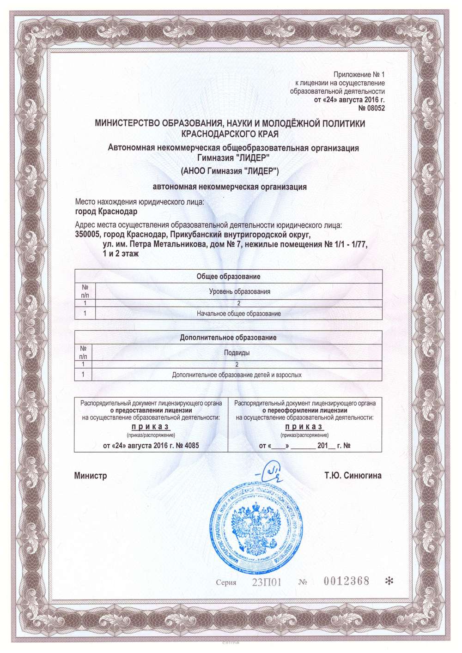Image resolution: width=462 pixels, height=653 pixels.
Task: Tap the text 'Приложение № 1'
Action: click(359, 74)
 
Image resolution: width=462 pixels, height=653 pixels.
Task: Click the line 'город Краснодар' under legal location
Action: click(105, 212)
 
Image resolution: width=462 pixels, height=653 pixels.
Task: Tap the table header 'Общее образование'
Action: click(228, 276)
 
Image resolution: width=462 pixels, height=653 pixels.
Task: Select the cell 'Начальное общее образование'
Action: click(239, 314)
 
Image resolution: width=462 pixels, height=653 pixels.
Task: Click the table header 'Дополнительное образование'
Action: click(228, 337)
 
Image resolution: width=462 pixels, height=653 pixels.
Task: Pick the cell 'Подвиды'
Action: click(237, 353)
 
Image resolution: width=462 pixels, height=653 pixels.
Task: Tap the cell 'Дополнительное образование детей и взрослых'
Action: click(237, 375)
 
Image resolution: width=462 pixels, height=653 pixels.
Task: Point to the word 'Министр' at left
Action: click(91, 476)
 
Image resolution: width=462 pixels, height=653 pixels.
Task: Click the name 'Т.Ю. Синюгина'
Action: click(353, 476)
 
